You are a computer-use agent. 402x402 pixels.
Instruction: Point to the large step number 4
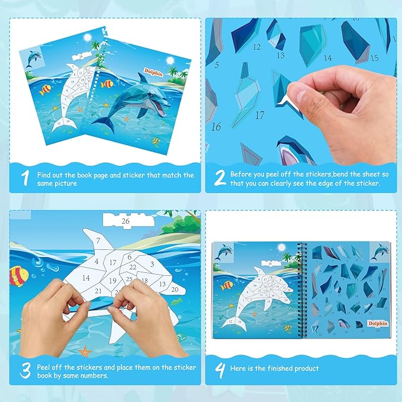(x=220, y=369)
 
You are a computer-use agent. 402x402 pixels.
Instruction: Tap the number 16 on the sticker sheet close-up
(x=216, y=126)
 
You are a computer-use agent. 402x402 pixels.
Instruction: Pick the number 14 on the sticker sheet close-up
(x=327, y=58)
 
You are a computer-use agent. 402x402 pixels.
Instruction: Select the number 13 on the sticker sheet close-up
(x=281, y=55)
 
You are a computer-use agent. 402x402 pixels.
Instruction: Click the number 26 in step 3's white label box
(x=124, y=221)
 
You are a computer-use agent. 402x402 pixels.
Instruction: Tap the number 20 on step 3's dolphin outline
(x=175, y=290)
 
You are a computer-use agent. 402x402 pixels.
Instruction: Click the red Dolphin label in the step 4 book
(x=378, y=323)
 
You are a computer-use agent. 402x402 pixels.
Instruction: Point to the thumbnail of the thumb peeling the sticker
(x=290, y=102)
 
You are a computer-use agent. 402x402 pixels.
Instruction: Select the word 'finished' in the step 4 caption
(x=283, y=368)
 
